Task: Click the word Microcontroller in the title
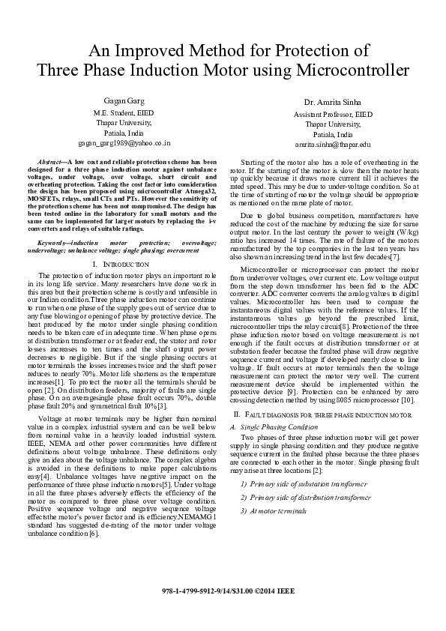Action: pos(354,70)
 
